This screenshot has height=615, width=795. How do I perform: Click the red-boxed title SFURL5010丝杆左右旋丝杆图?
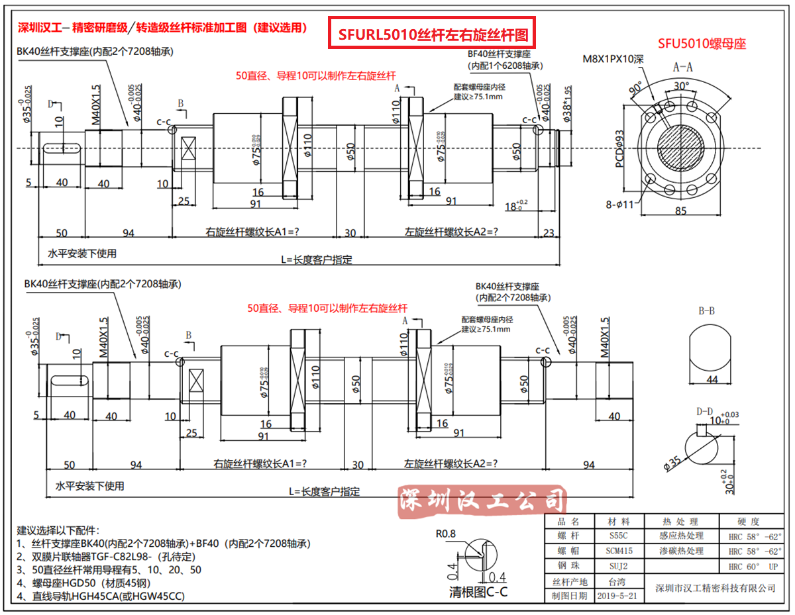(433, 34)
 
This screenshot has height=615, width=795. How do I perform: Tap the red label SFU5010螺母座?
(702, 44)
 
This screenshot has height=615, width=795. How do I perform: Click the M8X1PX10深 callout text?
(613, 59)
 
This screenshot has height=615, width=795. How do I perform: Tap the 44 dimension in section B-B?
(712, 379)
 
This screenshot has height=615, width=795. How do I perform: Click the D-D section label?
(705, 412)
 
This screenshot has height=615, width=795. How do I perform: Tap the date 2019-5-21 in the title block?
(617, 596)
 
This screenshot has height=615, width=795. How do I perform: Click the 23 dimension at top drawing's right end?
(549, 232)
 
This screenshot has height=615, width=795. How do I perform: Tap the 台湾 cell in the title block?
(617, 581)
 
